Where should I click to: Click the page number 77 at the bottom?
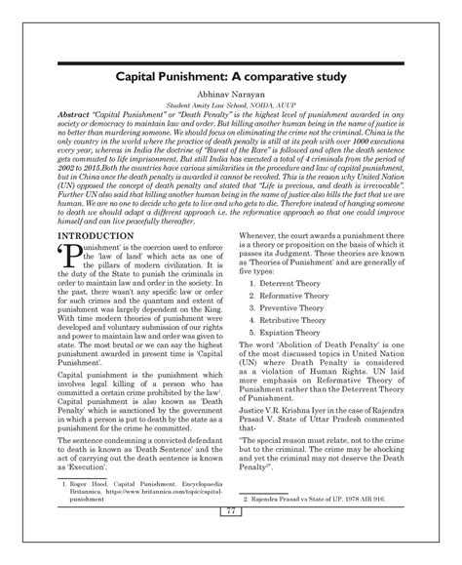tap(231, 539)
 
